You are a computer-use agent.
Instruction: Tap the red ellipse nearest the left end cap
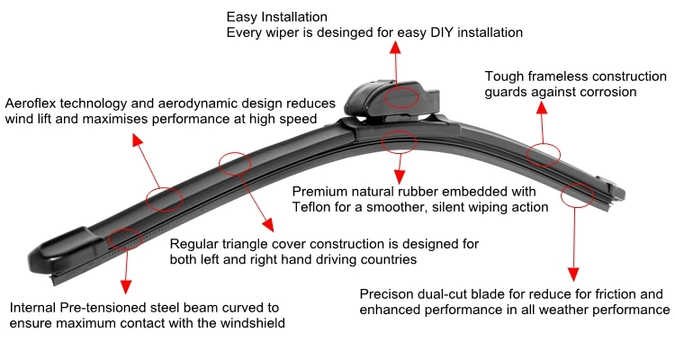tap(124, 238)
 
